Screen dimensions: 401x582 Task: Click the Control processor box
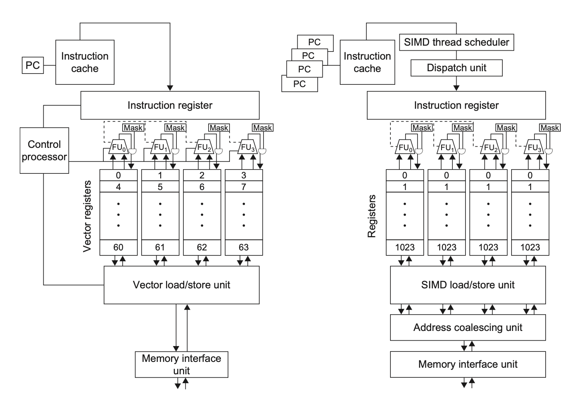[44, 151]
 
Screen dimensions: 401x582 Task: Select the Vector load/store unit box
[181, 285]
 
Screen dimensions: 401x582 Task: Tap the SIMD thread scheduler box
[457, 42]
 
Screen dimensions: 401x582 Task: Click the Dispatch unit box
[457, 68]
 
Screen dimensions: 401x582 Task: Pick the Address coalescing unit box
[468, 327]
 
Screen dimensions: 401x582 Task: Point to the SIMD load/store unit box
[468, 285]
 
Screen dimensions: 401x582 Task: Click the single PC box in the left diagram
[33, 65]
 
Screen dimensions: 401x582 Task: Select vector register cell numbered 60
[118, 248]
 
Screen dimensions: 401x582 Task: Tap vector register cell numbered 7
[244, 187]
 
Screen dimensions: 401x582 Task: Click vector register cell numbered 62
[202, 248]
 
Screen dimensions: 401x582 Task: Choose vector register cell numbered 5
[160, 187]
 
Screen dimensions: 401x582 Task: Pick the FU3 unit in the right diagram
[534, 147]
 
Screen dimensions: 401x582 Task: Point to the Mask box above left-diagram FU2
[219, 128]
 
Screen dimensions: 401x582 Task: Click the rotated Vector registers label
[87, 216]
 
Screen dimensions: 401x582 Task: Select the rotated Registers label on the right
[372, 216]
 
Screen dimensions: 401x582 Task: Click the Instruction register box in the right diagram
[456, 105]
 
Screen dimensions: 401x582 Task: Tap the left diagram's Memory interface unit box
[181, 365]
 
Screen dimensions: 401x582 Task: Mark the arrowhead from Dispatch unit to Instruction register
[457, 88]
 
